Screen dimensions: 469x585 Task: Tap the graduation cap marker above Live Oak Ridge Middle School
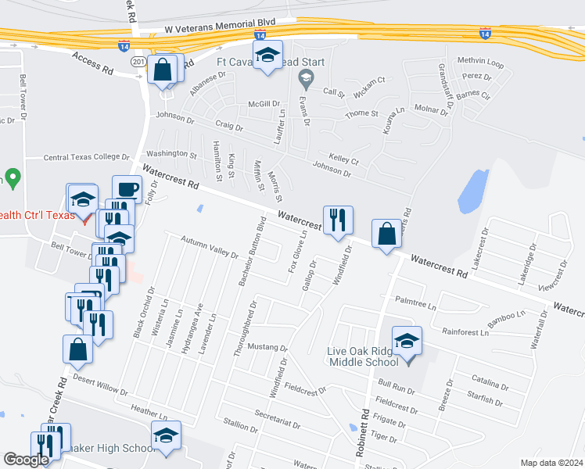[x=407, y=341]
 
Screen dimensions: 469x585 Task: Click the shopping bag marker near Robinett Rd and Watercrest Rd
[x=387, y=233]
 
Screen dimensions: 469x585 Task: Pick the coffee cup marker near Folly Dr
[x=127, y=189]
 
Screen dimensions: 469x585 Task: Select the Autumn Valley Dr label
[x=209, y=249]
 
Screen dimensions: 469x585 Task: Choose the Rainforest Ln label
[x=465, y=331]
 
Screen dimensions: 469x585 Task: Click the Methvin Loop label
[x=481, y=60]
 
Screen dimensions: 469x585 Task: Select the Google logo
[x=26, y=460]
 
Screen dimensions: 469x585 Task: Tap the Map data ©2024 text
[x=551, y=463]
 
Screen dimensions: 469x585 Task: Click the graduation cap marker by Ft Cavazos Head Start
[x=267, y=56]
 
